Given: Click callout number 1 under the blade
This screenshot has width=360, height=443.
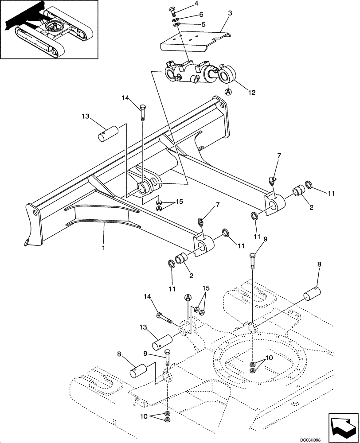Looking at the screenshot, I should pyautogui.click(x=104, y=248).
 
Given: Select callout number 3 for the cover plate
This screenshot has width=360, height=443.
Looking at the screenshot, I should pyautogui.click(x=230, y=14).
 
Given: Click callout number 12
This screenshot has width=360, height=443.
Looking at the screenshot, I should pyautogui.click(x=251, y=93).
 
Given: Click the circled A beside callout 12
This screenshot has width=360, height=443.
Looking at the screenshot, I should pyautogui.click(x=228, y=92).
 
